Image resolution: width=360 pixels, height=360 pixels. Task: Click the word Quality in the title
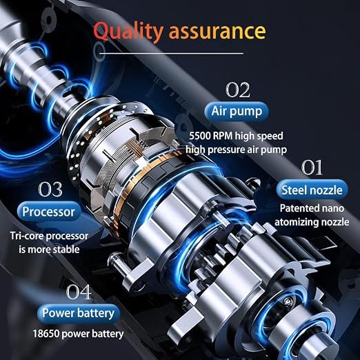pos(128,31)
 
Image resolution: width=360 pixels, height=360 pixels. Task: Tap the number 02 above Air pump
pos(238,90)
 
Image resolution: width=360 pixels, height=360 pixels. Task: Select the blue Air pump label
pos(237,111)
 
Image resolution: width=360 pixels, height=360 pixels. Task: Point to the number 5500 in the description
pos(199,136)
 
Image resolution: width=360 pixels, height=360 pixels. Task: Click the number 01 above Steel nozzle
pos(312,168)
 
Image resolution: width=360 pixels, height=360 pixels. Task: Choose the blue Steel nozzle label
pos(312,190)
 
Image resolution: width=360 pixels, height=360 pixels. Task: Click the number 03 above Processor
pos(50,189)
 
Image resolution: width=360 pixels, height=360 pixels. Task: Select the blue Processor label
pos(48,212)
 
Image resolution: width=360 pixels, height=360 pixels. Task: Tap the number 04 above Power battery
pos(79,292)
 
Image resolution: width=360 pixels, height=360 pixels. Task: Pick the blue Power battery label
pos(78,314)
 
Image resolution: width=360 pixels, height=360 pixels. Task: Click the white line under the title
pos(171,54)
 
